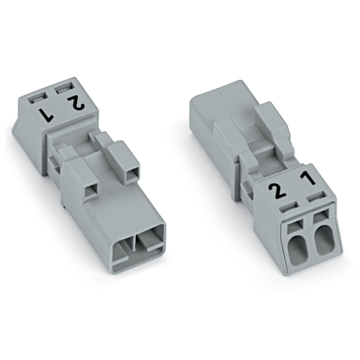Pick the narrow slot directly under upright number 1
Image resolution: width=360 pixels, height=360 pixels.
pos(316,198)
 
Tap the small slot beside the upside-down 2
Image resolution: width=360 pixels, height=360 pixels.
pos(63,87)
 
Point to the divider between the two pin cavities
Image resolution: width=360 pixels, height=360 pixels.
pos(134,245)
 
